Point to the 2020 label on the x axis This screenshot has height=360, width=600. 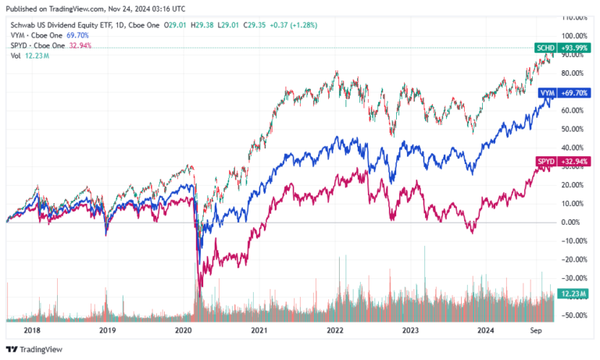(183, 330)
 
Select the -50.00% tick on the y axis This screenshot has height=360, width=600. (576, 315)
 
